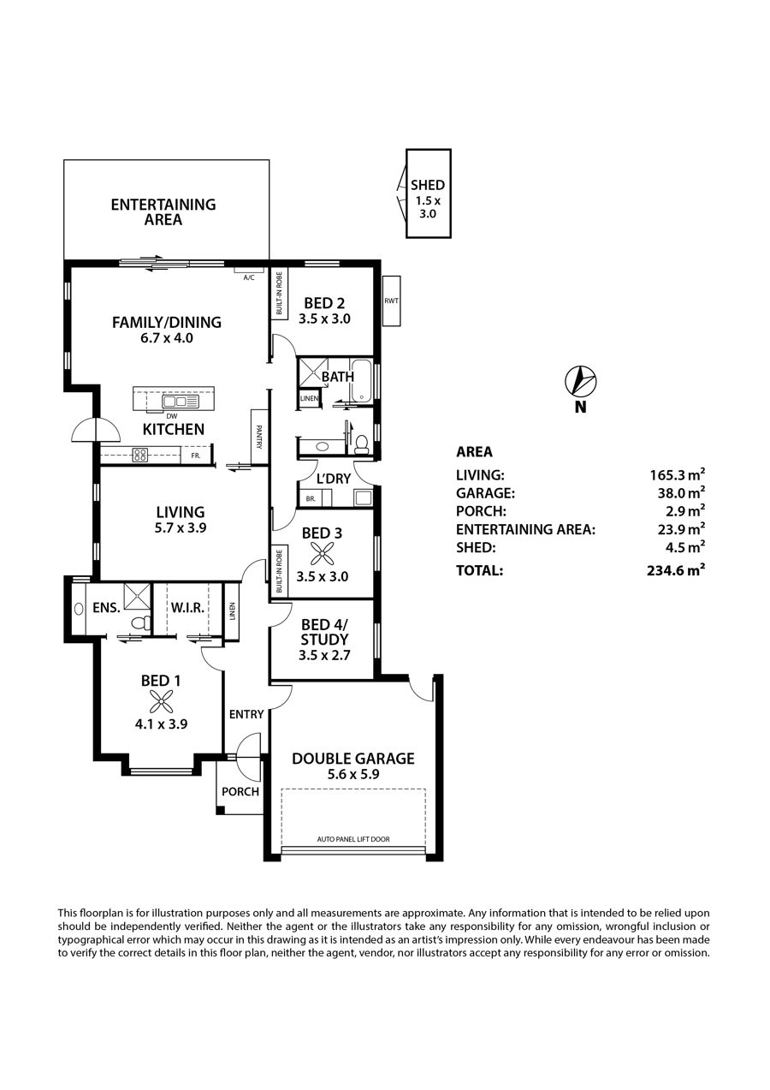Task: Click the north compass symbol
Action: pyautogui.click(x=580, y=380)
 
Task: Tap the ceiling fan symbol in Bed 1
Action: pyautogui.click(x=161, y=702)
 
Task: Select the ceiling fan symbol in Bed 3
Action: pyautogui.click(x=321, y=554)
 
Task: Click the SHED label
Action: pyautogui.click(x=428, y=185)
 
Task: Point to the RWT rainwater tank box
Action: pyautogui.click(x=391, y=301)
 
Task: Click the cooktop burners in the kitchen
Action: pyautogui.click(x=140, y=455)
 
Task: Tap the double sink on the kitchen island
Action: pyautogui.click(x=175, y=402)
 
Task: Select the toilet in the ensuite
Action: pyautogui.click(x=141, y=622)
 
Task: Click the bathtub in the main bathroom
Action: pyautogui.click(x=361, y=381)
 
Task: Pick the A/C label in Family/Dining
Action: pyautogui.click(x=248, y=278)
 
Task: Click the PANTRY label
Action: pyautogui.click(x=259, y=437)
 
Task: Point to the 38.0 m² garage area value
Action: pyautogui.click(x=681, y=492)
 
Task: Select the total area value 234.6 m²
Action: pyautogui.click(x=676, y=569)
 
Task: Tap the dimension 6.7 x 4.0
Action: pyautogui.click(x=167, y=337)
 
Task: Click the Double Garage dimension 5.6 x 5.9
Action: pyautogui.click(x=352, y=774)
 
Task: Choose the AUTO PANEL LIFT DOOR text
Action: pyautogui.click(x=353, y=839)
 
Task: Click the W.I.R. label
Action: pyautogui.click(x=187, y=607)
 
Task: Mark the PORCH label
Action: pyautogui.click(x=240, y=792)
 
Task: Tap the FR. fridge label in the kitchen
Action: pyautogui.click(x=196, y=456)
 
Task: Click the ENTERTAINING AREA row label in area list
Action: pyautogui.click(x=525, y=529)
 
